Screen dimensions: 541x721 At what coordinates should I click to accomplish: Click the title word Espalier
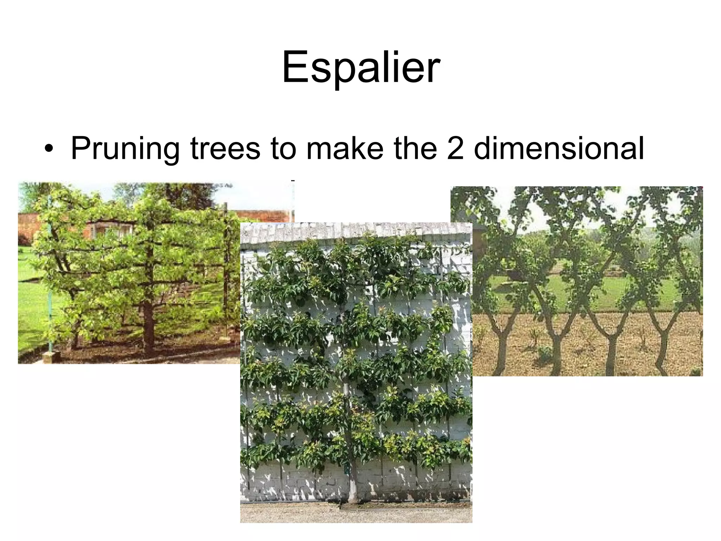point(360,67)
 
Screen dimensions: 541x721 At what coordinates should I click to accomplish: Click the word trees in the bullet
point(225,148)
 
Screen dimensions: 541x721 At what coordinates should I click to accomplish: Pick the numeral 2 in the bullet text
point(456,148)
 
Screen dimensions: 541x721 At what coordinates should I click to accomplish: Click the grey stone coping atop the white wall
point(356,232)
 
